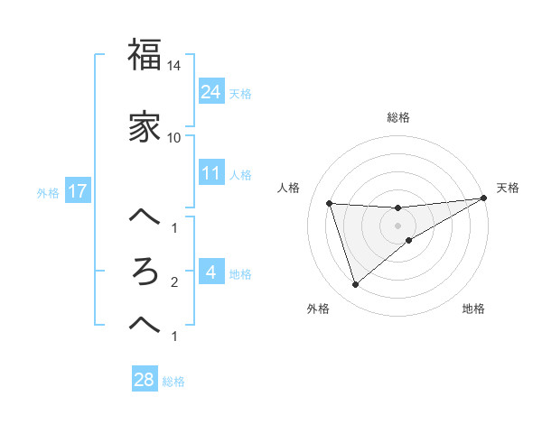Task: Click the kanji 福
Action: [x=145, y=55]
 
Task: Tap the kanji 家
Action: [x=145, y=127]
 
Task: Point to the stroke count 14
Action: [x=174, y=66]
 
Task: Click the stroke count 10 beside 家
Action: [x=174, y=138]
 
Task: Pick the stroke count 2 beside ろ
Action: [x=174, y=282]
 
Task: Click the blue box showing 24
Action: [x=210, y=91]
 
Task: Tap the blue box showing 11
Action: [x=210, y=173]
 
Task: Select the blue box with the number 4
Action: [x=210, y=272]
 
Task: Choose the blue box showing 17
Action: [x=77, y=192]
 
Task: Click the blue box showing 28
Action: [x=144, y=380]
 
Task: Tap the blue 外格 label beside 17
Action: [x=48, y=193]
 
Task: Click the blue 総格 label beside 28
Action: [x=173, y=382]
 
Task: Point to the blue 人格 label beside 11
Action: [x=240, y=174]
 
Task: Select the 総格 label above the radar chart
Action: [x=398, y=117]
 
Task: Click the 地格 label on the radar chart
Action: [x=473, y=309]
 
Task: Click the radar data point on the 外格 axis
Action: [x=355, y=285]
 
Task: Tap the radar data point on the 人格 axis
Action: [x=330, y=203]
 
